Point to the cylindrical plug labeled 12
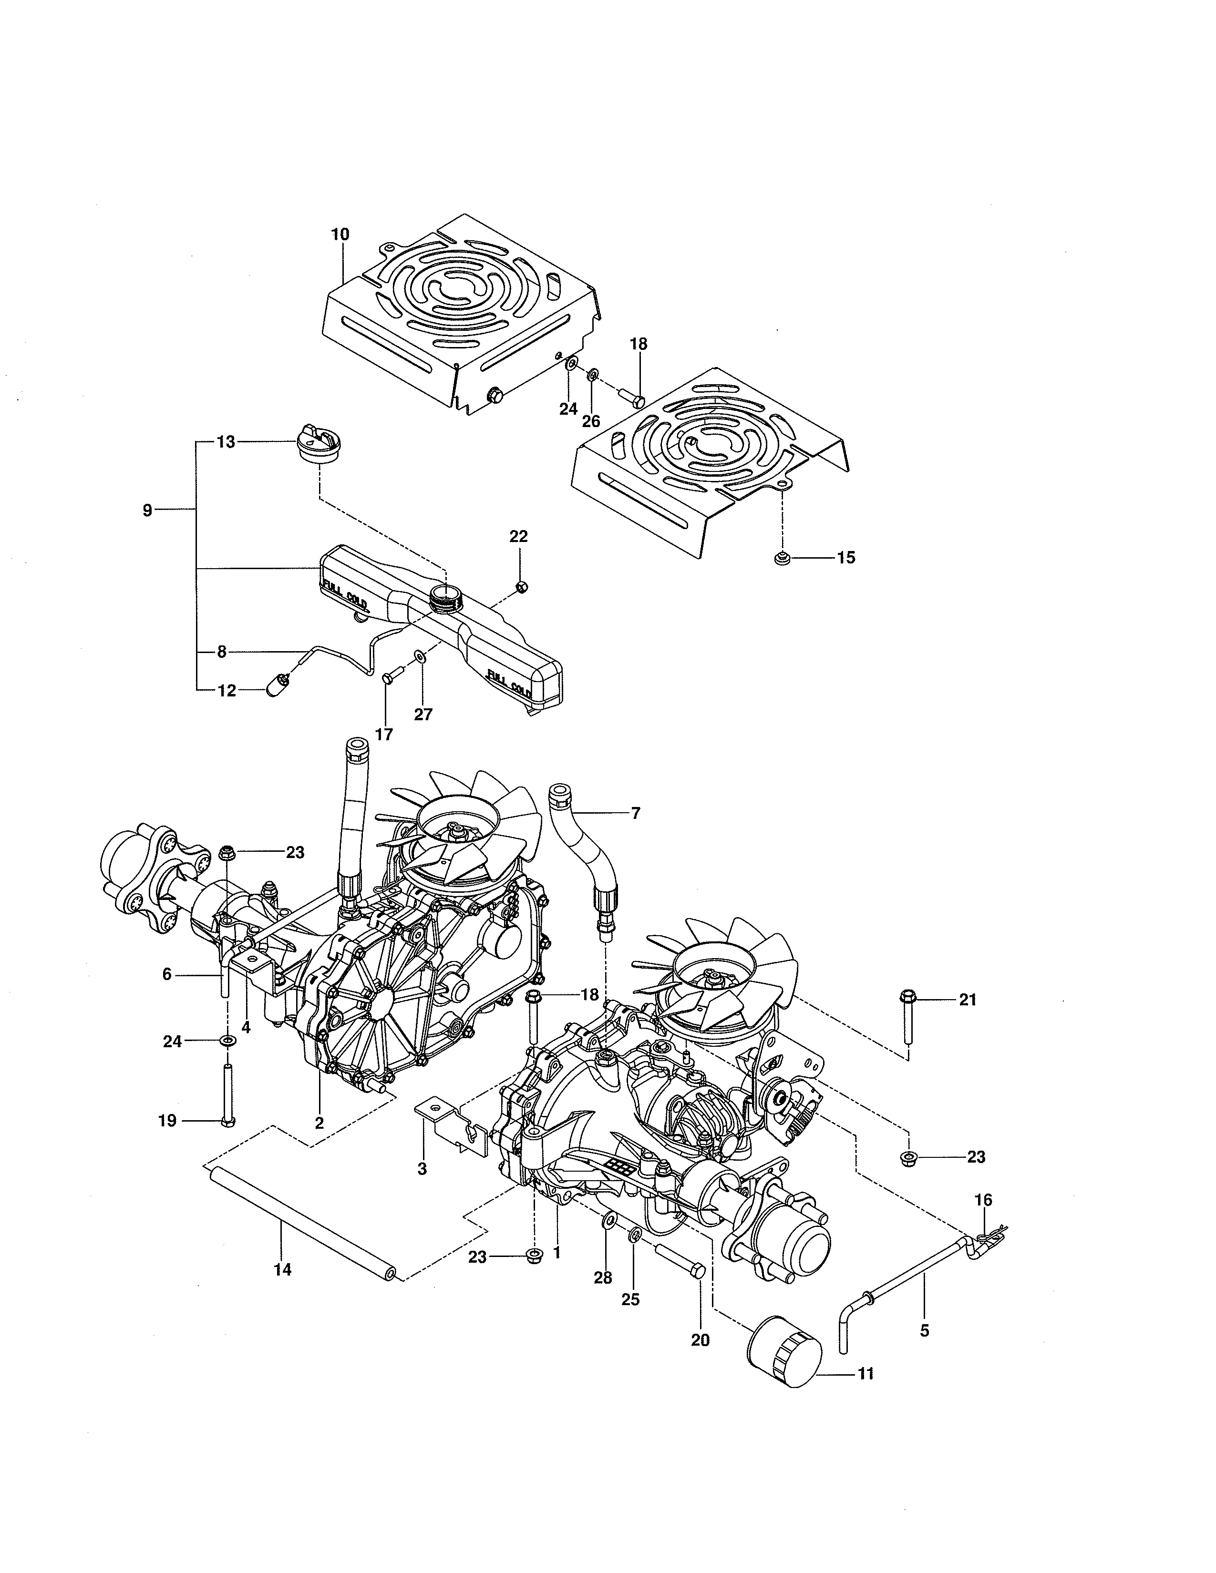[276, 685]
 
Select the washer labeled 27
[419, 656]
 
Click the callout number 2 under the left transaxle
[319, 1122]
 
